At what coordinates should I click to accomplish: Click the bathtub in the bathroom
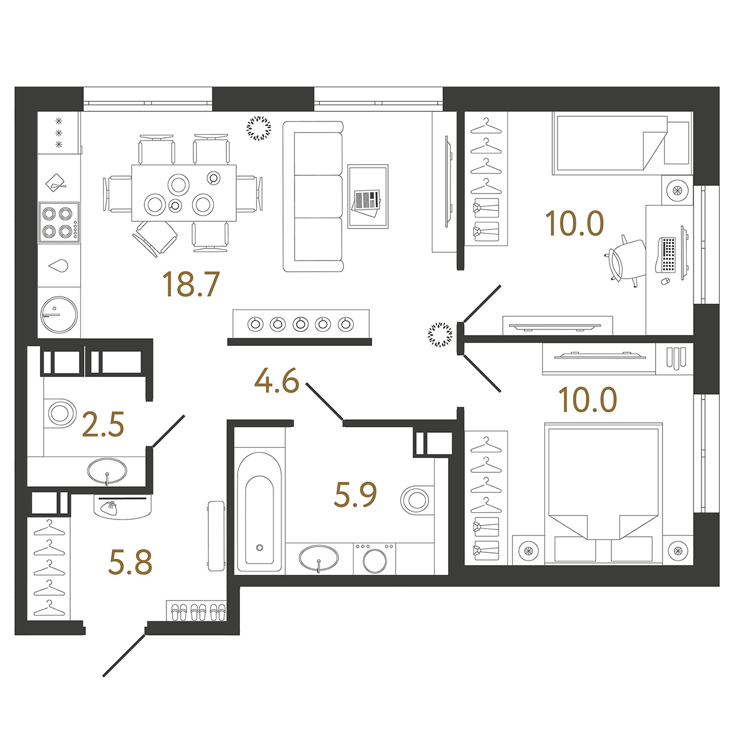pyautogui.click(x=259, y=512)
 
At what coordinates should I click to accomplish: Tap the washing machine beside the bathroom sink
pyautogui.click(x=374, y=558)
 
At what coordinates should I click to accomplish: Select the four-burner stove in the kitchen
pyautogui.click(x=59, y=222)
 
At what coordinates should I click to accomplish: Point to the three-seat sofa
pyautogui.click(x=313, y=196)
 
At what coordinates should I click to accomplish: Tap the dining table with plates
pyautogui.click(x=184, y=193)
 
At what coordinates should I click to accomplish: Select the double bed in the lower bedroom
pyautogui.click(x=603, y=493)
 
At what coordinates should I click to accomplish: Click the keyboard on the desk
pyautogui.click(x=668, y=254)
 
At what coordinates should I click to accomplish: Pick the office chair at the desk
pyautogui.click(x=626, y=260)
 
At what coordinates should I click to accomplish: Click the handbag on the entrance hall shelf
pyautogui.click(x=108, y=507)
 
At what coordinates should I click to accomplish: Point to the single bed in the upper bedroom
pyautogui.click(x=610, y=144)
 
